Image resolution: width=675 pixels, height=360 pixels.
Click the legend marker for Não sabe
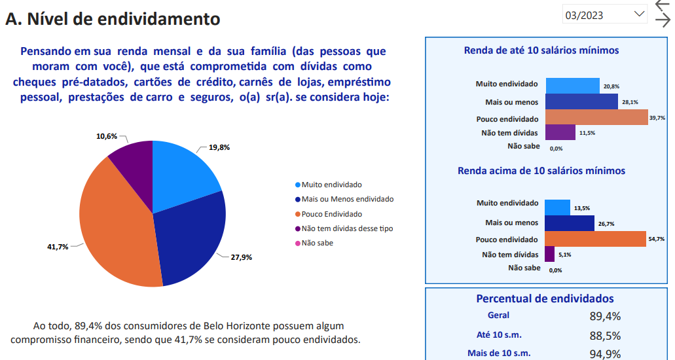coord(298,243)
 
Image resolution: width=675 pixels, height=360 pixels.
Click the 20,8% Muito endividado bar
coord(572,86)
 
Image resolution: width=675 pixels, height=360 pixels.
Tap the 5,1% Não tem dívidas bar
coord(549,254)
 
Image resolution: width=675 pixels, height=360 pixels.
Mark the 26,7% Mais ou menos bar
coord(569,223)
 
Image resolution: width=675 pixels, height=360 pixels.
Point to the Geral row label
coord(498,315)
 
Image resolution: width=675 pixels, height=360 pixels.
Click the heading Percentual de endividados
coord(545,298)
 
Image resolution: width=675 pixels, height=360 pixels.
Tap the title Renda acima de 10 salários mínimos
coord(541,171)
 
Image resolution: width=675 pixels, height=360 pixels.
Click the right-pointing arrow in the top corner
coord(663,20)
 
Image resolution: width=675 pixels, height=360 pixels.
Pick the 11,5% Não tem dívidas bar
coord(560,132)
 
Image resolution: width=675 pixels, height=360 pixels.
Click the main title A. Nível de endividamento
coord(113,19)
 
